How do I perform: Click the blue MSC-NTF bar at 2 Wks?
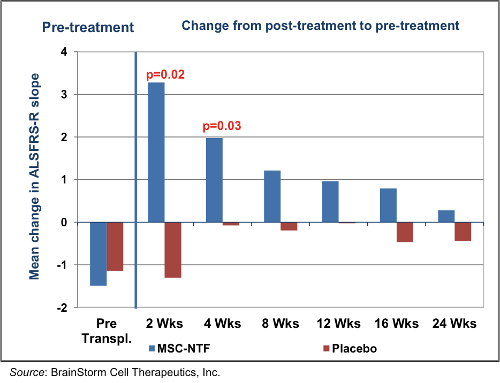click(x=156, y=152)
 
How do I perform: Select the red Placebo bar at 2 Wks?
click(x=173, y=250)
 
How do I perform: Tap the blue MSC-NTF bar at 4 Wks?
click(x=214, y=180)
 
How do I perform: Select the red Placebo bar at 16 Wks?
click(x=405, y=232)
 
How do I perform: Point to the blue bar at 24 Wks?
click(x=446, y=216)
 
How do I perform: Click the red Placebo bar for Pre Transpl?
click(x=115, y=247)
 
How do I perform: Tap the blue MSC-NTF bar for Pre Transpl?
click(x=98, y=254)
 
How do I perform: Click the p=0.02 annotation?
click(x=165, y=74)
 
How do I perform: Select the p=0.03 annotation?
click(x=222, y=126)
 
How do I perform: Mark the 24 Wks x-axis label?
click(x=456, y=324)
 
